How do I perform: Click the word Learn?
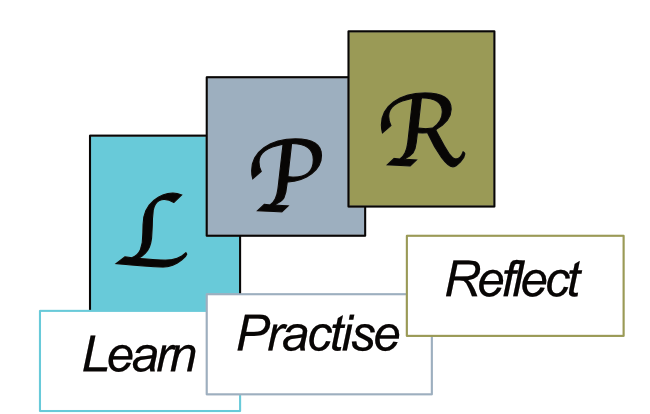tap(140, 355)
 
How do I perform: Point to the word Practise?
tap(318, 333)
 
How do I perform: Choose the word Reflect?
tap(513, 280)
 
